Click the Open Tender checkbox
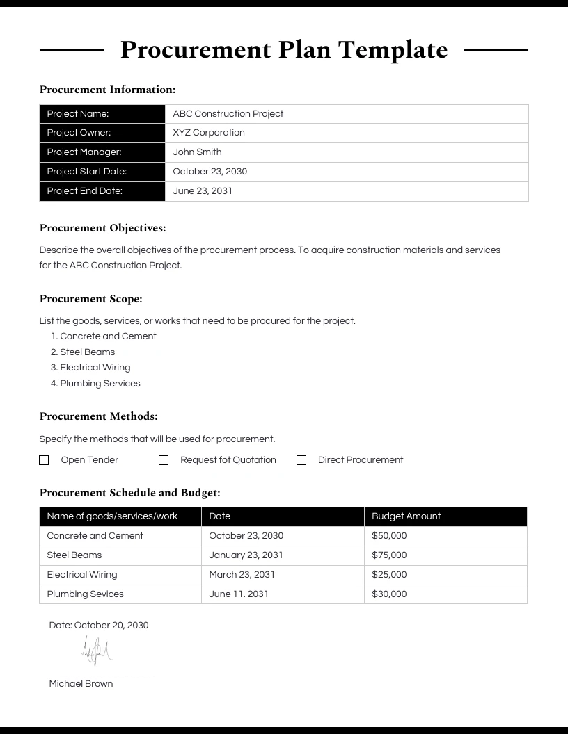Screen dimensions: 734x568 coord(44,460)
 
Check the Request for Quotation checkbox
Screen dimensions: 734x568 coord(164,460)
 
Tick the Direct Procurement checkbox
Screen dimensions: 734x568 coord(301,460)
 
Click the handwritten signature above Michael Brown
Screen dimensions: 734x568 coord(96,651)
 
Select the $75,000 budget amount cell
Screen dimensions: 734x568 coord(389,555)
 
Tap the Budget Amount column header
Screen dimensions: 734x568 coord(406,516)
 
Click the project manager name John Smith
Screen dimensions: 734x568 coord(197,152)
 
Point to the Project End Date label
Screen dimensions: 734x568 coord(84,191)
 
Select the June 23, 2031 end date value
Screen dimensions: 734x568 coord(203,191)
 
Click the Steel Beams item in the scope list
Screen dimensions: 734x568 coord(87,352)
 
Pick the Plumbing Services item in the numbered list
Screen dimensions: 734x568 coord(100,384)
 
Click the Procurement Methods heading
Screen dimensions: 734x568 coord(98,416)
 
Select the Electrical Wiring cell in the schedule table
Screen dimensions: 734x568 coord(82,575)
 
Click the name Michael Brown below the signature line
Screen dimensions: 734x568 coord(81,684)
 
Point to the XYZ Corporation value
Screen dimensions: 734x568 coord(209,133)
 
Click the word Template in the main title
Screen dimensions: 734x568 coord(393,50)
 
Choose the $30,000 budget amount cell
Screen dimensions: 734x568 coord(389,594)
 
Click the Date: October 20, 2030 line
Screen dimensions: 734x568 coord(99,626)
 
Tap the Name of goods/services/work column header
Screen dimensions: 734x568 coord(112,516)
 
